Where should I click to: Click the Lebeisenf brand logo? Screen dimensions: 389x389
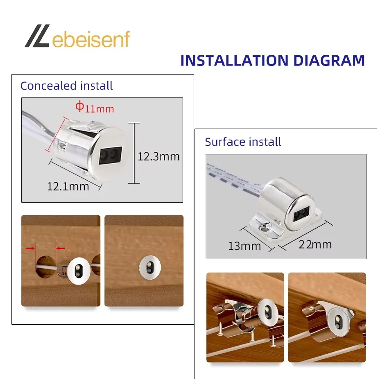point(77,36)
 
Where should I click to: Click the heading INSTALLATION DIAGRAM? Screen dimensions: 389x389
point(273,61)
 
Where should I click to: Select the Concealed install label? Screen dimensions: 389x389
point(66,86)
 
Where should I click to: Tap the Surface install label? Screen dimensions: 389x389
point(243,142)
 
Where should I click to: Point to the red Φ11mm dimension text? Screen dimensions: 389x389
point(95,107)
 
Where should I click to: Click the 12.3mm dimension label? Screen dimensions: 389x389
point(158,156)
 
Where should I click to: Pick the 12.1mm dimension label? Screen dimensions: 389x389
point(68,187)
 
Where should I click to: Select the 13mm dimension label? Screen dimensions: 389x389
point(244,246)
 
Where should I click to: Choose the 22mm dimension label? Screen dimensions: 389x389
point(315,244)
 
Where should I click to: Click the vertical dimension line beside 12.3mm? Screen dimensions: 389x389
point(134,153)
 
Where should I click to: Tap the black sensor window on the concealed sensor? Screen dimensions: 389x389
point(111,156)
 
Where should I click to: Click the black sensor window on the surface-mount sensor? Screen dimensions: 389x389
point(302,214)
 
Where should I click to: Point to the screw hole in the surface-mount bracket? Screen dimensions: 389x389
point(264,228)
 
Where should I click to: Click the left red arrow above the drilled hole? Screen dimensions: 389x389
point(31,248)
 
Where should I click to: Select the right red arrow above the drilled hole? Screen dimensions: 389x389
point(60,248)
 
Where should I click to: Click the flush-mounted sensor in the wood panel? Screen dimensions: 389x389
point(150,267)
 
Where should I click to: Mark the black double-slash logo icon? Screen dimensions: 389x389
point(37,36)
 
